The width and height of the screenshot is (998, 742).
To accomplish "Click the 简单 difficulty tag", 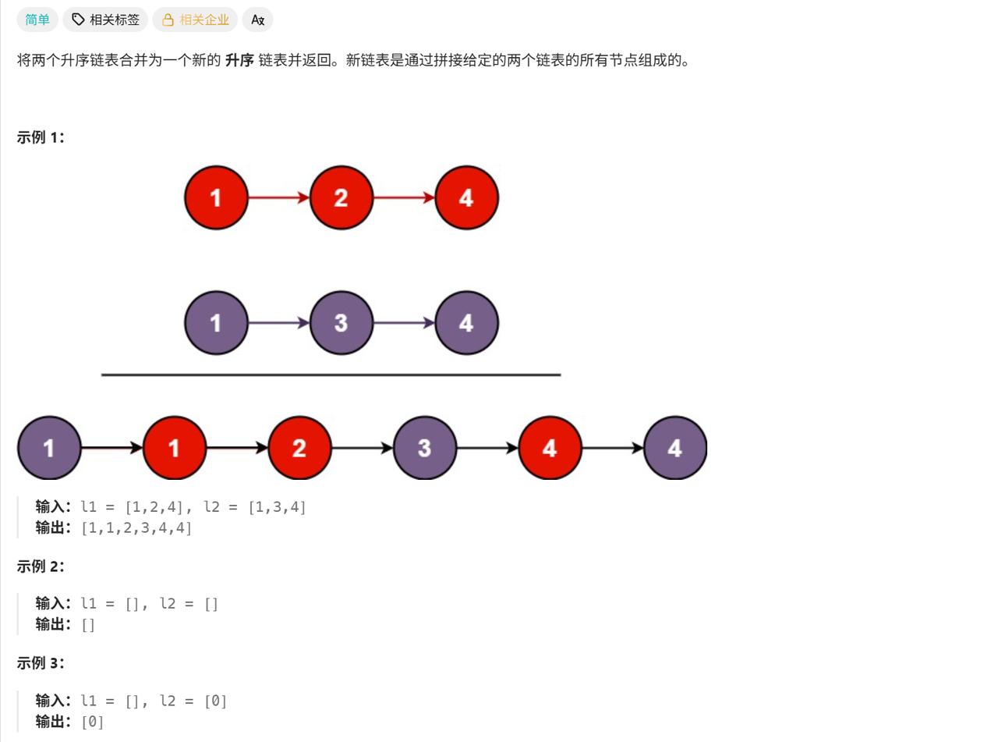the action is click(x=37, y=20).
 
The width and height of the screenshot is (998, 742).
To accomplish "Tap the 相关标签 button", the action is click(x=105, y=20).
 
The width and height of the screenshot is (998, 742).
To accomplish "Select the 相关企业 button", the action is click(x=195, y=20).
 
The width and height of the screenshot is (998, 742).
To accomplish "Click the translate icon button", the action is click(x=257, y=20).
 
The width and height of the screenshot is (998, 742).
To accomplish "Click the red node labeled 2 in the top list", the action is click(x=341, y=197).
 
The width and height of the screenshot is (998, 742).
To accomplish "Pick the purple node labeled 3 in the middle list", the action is click(x=341, y=323).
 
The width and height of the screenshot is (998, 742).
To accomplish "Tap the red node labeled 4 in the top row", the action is click(x=466, y=197).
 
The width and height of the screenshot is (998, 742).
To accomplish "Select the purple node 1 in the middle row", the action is click(x=216, y=323).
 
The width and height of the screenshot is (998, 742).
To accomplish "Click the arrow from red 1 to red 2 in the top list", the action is click(x=278, y=197).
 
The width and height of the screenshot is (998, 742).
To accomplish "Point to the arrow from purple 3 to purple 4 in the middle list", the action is click(x=404, y=323).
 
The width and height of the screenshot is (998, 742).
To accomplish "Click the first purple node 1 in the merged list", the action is click(x=49, y=448).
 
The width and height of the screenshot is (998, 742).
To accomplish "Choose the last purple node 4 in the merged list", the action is click(x=675, y=448).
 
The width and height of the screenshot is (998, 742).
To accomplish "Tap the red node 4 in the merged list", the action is click(x=550, y=448).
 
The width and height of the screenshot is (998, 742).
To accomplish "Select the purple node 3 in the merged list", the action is click(x=424, y=448).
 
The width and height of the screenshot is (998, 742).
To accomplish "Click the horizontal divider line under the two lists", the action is click(x=331, y=375).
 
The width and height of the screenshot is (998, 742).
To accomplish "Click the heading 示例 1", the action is click(x=41, y=137).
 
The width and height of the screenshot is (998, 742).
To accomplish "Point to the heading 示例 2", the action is click(x=41, y=566).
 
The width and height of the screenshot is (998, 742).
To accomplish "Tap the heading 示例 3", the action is click(x=41, y=663).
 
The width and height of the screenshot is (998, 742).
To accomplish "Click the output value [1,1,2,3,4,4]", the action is click(x=136, y=528).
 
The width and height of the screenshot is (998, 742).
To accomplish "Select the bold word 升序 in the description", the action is click(x=239, y=60).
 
